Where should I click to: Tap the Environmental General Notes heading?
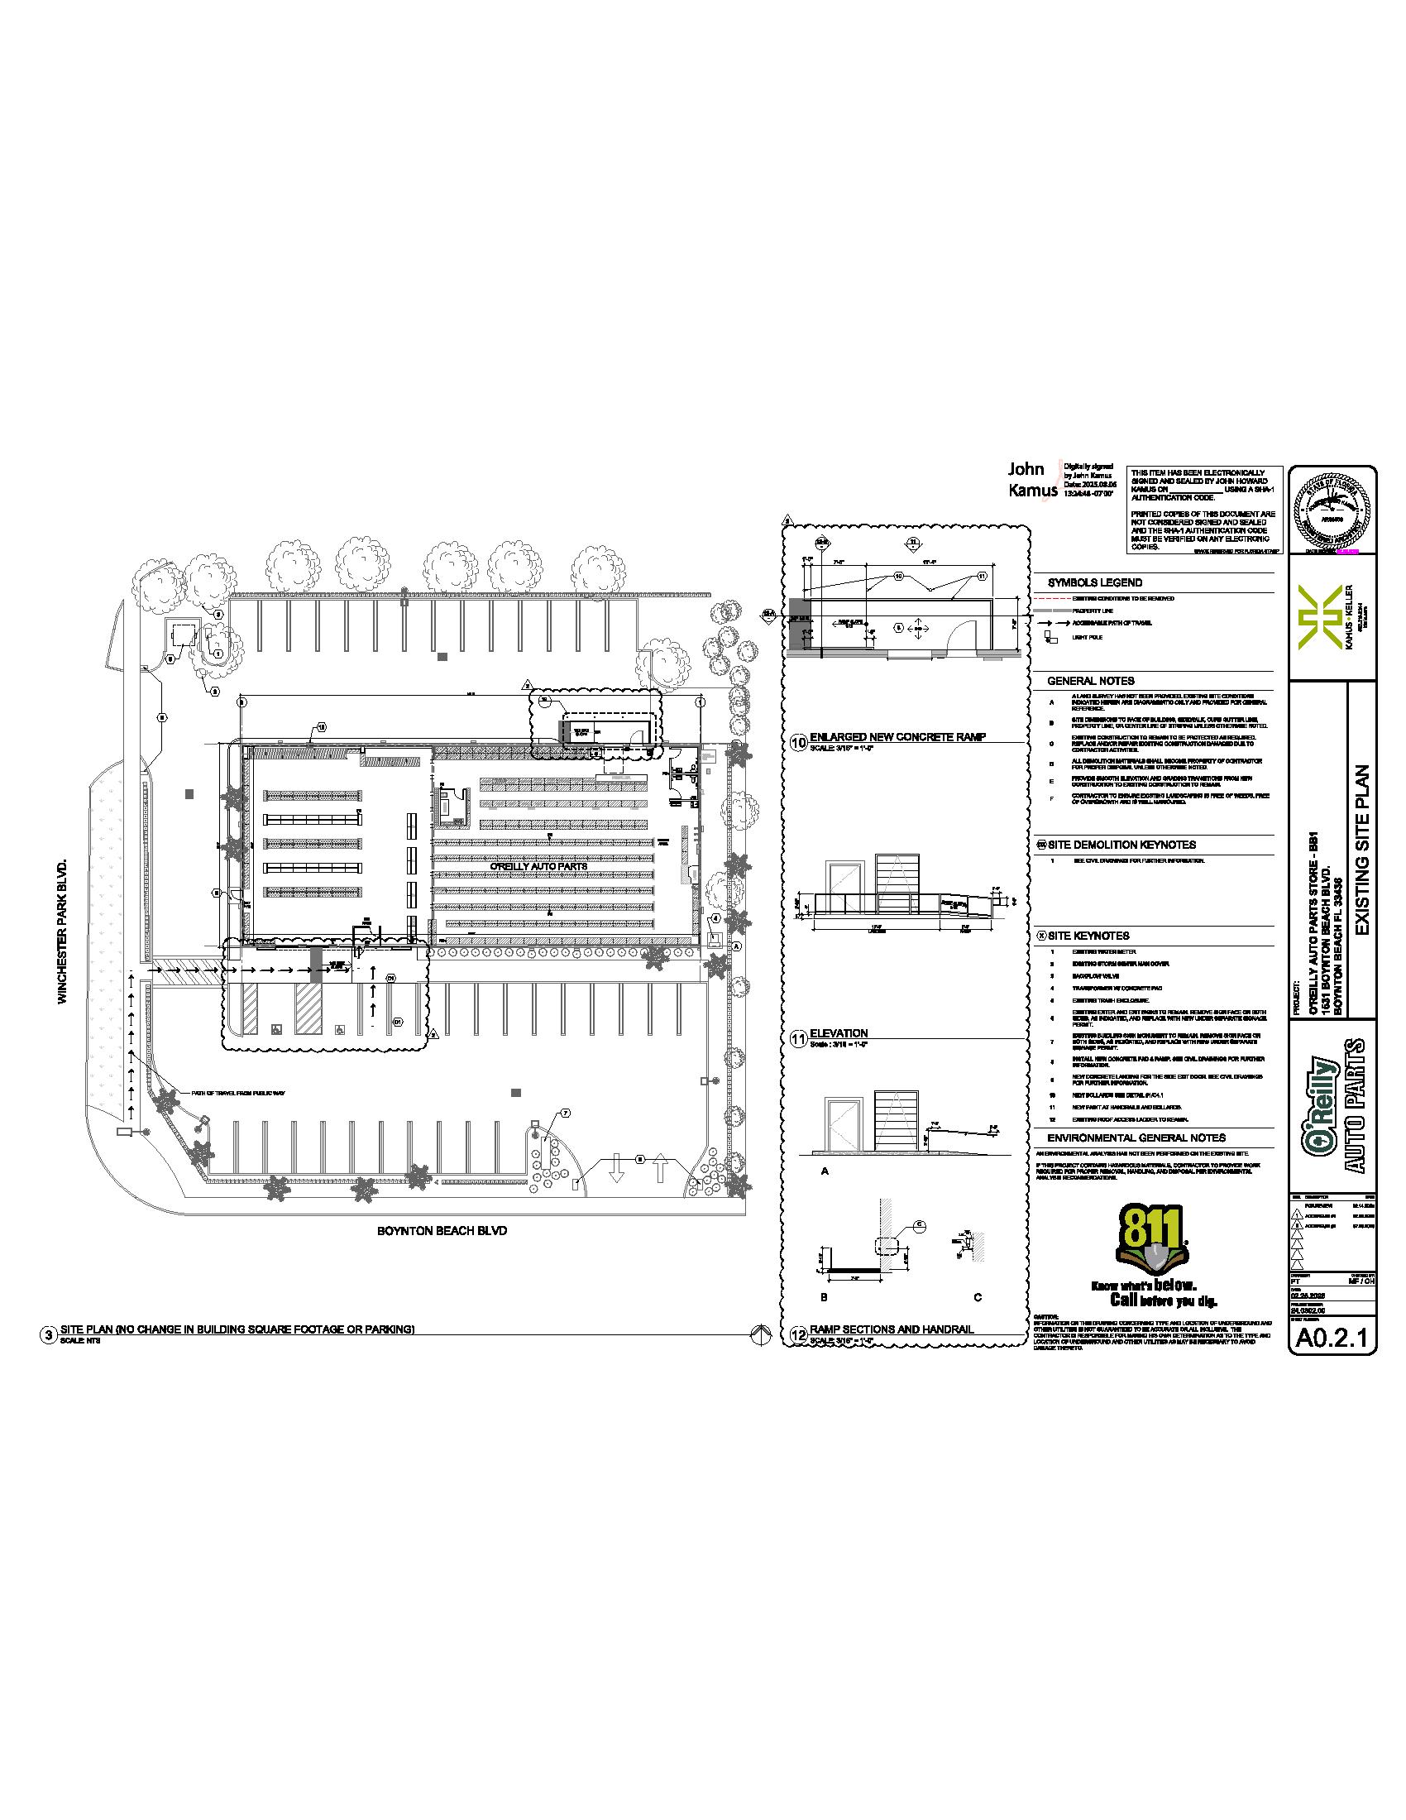[x=1124, y=1137]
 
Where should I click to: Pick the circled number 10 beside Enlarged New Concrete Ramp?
[x=798, y=742]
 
